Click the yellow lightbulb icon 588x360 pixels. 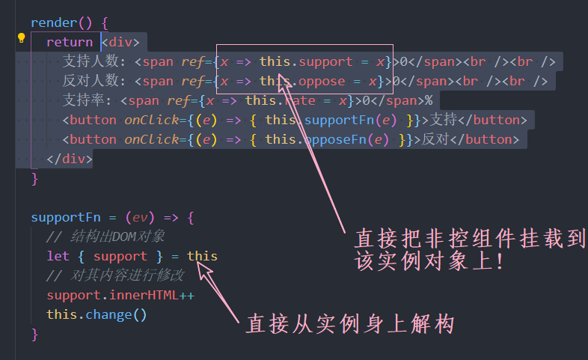pyautogui.click(x=22, y=39)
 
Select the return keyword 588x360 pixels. pyautogui.click(x=70, y=43)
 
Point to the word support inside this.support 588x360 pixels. pyautogui.click(x=326, y=61)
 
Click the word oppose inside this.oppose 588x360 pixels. pyautogui.click(x=322, y=81)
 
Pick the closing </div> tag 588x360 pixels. pyautogui.click(x=70, y=159)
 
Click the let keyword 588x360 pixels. pyautogui.click(x=58, y=256)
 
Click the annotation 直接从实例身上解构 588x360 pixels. pyautogui.click(x=350, y=324)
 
